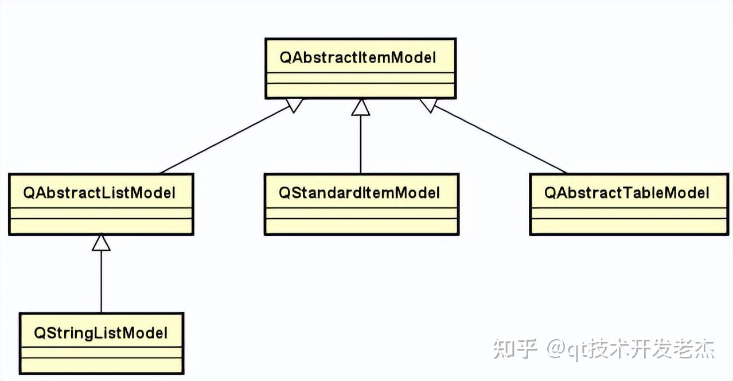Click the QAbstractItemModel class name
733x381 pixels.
358,57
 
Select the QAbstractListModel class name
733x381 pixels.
99,193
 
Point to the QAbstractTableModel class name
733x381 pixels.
627,193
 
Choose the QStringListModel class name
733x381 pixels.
101,333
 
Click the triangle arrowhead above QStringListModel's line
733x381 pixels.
101,243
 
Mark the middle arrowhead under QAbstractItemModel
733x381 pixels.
361,107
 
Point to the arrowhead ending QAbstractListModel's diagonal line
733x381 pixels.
294,105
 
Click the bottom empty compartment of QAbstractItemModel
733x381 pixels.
360,90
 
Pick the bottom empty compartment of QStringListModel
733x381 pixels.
101,366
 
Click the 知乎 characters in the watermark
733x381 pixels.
515,349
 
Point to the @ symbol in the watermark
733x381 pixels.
556,349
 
